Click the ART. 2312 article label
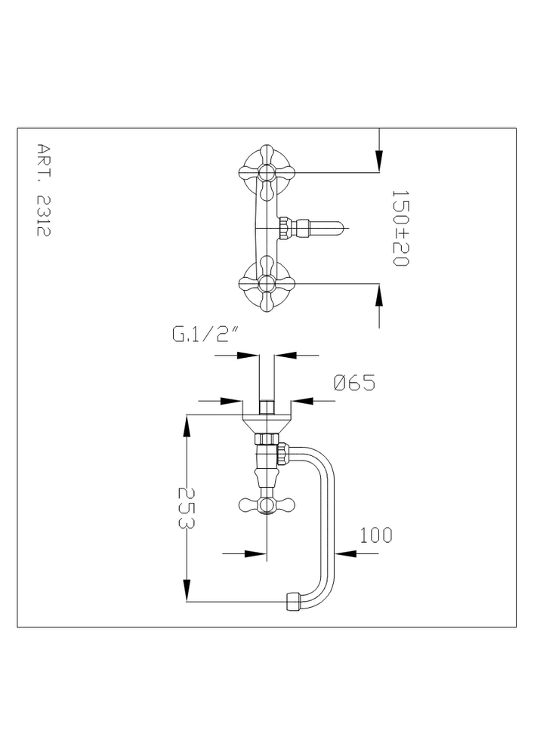(x=44, y=190)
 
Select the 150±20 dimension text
(x=400, y=228)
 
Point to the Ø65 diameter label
(x=354, y=383)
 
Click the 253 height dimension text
(x=185, y=508)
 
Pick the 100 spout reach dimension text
(x=375, y=535)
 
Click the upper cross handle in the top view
(x=267, y=172)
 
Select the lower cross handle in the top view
(x=267, y=283)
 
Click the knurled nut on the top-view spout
(x=285, y=227)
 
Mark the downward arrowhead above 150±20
(x=379, y=158)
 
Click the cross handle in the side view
(x=267, y=504)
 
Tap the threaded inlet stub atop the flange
(x=267, y=408)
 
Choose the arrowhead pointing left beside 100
(x=345, y=553)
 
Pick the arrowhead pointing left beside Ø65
(x=301, y=400)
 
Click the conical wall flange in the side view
(x=267, y=424)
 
